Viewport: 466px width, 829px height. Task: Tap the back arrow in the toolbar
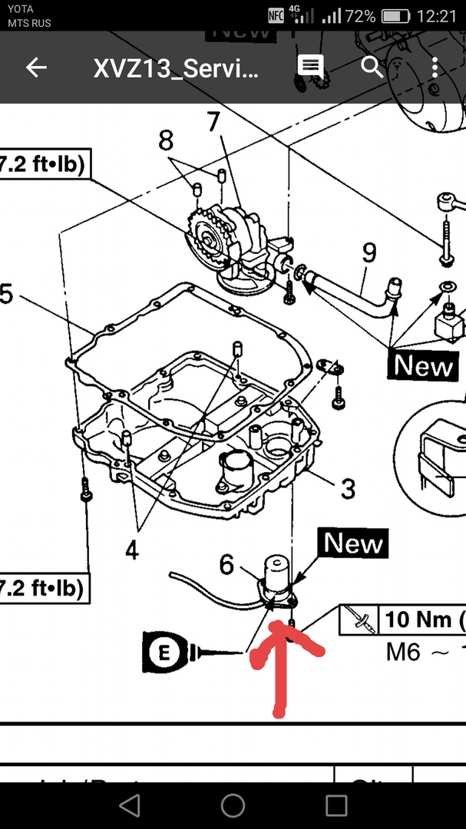[x=36, y=68]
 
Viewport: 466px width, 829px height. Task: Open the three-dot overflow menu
[x=435, y=68]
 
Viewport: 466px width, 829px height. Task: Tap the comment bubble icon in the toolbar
[x=311, y=66]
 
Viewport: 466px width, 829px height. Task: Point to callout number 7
[x=213, y=121]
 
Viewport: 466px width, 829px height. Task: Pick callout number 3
[x=348, y=488]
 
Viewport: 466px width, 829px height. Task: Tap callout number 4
[x=131, y=550]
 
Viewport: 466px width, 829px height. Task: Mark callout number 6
[x=226, y=565]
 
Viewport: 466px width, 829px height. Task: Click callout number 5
[x=6, y=294]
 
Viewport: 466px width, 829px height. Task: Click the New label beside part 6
[x=353, y=543]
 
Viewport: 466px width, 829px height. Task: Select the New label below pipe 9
[x=423, y=365]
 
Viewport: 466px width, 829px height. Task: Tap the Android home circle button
[x=233, y=805]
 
